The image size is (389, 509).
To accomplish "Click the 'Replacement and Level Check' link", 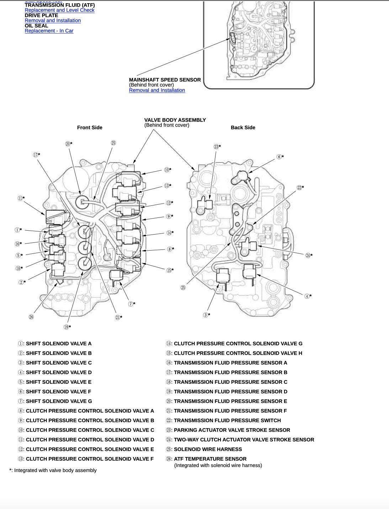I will coord(59,10).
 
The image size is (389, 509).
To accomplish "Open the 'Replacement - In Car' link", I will coord(49,31).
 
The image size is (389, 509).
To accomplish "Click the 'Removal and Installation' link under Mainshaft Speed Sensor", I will coord(157,90).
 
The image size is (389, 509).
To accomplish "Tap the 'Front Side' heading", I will coord(90,127).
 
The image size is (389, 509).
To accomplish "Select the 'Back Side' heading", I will coord(243,127).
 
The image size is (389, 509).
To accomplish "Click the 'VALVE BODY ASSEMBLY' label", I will coord(175,120).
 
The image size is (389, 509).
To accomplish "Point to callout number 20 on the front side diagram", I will coord(68,144).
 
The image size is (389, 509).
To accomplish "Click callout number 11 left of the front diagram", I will coord(21,198).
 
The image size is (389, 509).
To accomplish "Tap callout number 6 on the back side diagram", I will coord(279,157).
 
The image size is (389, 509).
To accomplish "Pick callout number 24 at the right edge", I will coord(308,255).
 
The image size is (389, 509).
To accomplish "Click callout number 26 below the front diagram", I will coord(31,317).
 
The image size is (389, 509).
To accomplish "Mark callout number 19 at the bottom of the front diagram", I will coord(66,327).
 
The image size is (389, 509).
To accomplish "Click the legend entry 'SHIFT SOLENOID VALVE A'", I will coord(59,343).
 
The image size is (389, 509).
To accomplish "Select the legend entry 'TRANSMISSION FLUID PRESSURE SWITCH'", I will coord(227,420).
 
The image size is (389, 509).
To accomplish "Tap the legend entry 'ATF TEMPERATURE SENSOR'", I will coord(210,459).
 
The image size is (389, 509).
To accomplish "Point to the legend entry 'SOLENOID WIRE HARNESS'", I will coord(208,449).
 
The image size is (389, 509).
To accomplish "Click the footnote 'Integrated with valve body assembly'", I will coord(55,470).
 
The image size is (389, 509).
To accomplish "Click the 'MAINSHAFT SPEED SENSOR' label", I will coord(165,80).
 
